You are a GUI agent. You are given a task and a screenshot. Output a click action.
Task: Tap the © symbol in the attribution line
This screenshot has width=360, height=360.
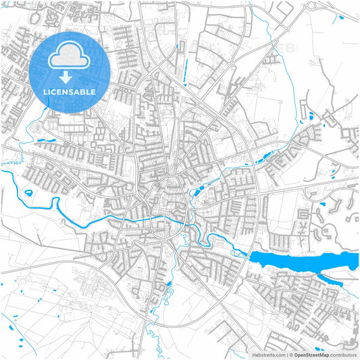pyautogui.click(x=289, y=354)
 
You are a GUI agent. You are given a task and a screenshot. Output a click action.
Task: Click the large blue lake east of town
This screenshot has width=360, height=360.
pyautogui.click(x=297, y=260)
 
